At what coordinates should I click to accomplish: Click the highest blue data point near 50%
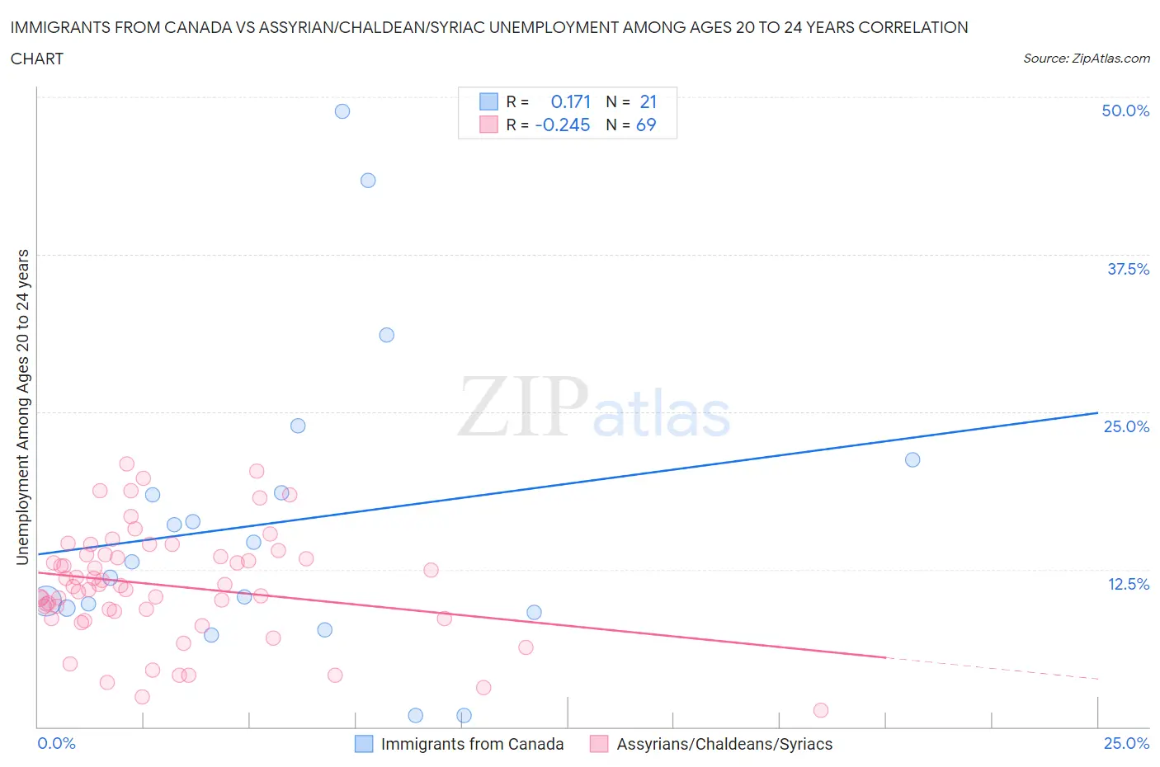(x=342, y=111)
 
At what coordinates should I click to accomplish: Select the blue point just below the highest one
(x=368, y=181)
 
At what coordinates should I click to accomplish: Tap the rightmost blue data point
(x=912, y=460)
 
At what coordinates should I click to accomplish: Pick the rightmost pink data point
(x=820, y=710)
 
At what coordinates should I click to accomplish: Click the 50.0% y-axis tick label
(x=1125, y=111)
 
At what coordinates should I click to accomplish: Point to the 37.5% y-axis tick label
(x=1128, y=269)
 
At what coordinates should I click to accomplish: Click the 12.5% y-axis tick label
(x=1128, y=584)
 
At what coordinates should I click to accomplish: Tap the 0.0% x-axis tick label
(x=56, y=743)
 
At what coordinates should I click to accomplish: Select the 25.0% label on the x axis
(x=1126, y=743)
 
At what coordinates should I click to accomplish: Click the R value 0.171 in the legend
(x=571, y=101)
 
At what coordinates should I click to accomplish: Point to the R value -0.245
(x=563, y=125)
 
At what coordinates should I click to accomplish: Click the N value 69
(x=646, y=125)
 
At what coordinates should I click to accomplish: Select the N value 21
(x=648, y=101)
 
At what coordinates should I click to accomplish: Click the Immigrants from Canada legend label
(x=472, y=744)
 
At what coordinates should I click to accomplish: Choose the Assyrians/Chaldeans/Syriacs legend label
(x=724, y=744)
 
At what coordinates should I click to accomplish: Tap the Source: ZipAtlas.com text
(x=1086, y=59)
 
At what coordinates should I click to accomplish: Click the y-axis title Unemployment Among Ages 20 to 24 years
(x=23, y=407)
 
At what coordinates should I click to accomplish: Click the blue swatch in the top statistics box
(x=488, y=101)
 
